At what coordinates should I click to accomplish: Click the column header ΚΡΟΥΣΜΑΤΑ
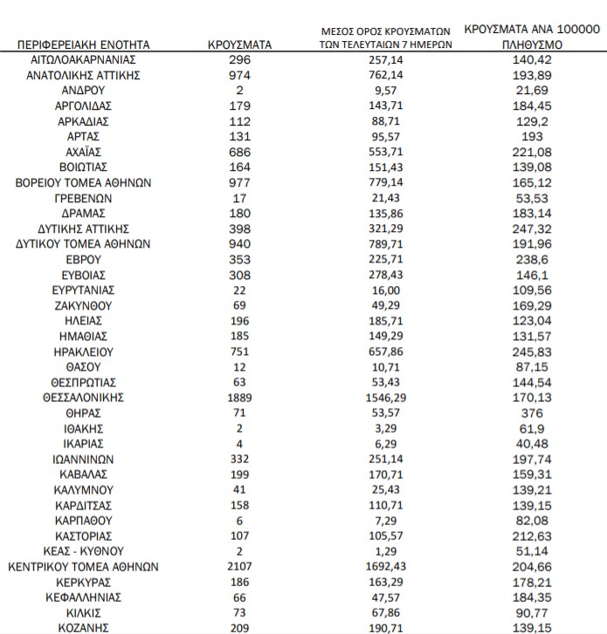click(x=240, y=44)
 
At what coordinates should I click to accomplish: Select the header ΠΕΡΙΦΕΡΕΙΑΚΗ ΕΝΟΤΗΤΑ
click(x=84, y=44)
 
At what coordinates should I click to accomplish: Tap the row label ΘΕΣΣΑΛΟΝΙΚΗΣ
click(x=84, y=398)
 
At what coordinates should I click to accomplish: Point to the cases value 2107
click(x=240, y=566)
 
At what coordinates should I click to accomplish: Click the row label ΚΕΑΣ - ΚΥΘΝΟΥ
click(x=84, y=551)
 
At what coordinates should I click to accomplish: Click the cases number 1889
click(x=240, y=398)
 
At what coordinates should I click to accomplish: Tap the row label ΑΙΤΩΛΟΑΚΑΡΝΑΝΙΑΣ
click(x=84, y=59)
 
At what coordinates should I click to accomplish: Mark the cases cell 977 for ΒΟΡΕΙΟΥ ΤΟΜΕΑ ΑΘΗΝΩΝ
click(x=240, y=182)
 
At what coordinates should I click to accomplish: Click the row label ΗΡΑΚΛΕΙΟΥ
click(x=84, y=351)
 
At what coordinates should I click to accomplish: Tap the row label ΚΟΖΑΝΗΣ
click(x=84, y=627)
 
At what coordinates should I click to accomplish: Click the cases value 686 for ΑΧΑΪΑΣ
click(x=240, y=152)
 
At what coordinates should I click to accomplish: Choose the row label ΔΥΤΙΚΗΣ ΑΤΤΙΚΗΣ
click(x=84, y=228)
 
